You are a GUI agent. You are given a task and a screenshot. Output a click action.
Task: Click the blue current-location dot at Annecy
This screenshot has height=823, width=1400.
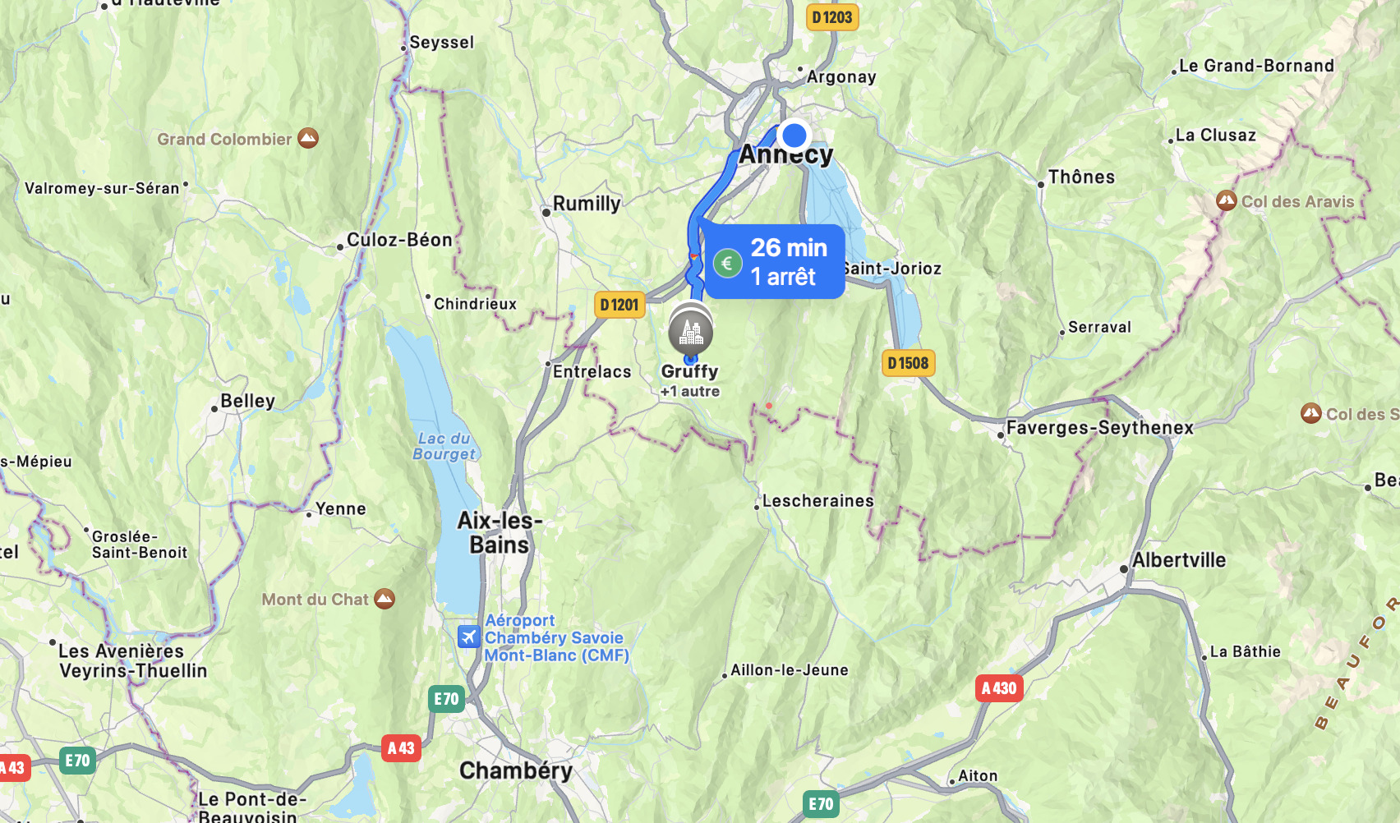coord(794,135)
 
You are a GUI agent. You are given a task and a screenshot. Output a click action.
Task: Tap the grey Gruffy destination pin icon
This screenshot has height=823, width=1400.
coord(690,333)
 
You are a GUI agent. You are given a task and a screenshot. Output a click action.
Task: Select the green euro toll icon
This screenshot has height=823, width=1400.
coord(727,264)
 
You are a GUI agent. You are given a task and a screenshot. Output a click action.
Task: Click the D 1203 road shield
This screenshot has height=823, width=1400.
coord(832,17)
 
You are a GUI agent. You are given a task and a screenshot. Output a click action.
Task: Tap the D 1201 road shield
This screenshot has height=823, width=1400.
coord(619,305)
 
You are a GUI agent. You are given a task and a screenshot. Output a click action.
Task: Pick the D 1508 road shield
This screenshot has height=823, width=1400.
coord(908,363)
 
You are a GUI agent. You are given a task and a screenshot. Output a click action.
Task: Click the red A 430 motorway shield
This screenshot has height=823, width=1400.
coord(999,688)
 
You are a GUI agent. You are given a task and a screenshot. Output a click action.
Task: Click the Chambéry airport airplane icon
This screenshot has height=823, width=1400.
coord(469,637)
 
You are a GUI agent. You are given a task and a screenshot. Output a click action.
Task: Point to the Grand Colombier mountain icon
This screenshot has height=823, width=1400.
coord(308,138)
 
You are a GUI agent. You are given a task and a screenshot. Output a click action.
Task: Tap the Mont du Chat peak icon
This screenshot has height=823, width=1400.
coord(385,599)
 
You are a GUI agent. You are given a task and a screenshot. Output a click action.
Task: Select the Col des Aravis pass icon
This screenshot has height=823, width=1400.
coord(1227,200)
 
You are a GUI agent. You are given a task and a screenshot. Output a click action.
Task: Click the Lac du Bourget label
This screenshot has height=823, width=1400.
coord(444,446)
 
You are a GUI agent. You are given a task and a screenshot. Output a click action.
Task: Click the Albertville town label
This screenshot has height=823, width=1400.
coord(1179,560)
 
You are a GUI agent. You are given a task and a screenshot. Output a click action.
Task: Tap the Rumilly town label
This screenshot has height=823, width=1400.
coord(587,203)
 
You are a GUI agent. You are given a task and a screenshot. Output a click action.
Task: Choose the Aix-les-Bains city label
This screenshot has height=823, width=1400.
coord(500,532)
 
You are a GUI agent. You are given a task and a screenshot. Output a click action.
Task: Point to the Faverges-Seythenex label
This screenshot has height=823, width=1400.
coord(1099,427)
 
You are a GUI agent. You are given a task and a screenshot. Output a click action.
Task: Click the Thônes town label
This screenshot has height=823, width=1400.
coord(1081,177)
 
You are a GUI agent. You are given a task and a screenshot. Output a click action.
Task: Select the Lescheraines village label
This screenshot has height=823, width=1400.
coord(817,500)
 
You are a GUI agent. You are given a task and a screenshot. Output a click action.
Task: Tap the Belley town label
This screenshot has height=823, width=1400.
coord(247,401)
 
